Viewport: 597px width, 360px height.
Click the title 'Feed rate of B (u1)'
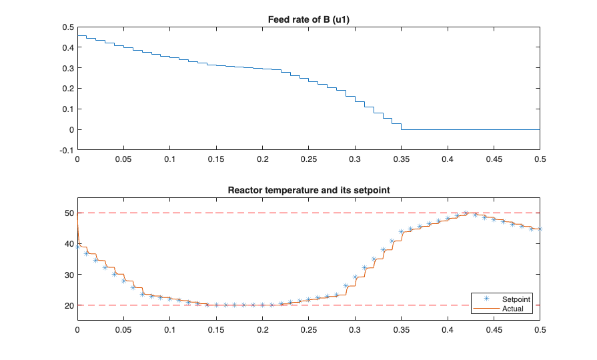point(308,19)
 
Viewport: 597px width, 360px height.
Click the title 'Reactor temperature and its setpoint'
point(308,190)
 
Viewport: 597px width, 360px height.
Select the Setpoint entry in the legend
point(511,299)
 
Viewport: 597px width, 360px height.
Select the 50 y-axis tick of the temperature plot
point(69,213)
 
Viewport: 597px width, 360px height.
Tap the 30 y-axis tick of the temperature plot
point(69,275)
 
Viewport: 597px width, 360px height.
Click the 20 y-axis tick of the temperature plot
point(69,305)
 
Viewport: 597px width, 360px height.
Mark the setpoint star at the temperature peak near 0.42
point(466,213)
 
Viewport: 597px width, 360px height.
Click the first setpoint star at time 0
point(77,247)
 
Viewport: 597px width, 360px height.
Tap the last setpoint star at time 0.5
point(540,229)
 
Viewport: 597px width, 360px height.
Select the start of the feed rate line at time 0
point(78,35)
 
